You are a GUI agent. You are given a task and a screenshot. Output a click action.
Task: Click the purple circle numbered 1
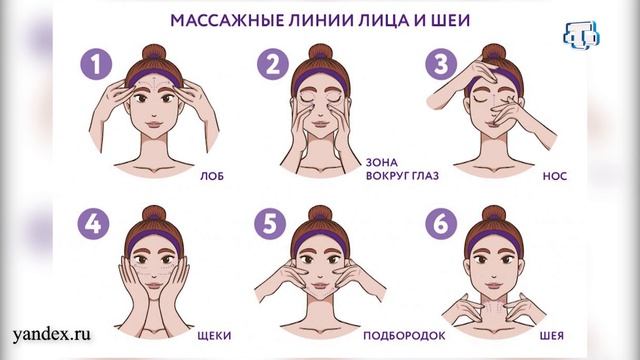(96, 64)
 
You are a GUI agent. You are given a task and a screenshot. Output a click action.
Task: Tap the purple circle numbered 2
(273, 64)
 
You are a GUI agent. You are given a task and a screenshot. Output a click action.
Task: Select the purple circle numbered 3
(441, 64)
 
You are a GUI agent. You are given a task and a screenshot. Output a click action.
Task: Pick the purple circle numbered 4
(93, 223)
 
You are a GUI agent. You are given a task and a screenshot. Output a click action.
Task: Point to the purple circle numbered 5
(270, 223)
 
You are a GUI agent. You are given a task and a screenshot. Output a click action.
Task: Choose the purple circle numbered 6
(441, 223)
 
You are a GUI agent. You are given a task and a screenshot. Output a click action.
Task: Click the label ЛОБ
(212, 176)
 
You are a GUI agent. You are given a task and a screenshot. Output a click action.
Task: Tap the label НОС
(555, 176)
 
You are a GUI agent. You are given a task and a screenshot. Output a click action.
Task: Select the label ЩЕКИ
(214, 336)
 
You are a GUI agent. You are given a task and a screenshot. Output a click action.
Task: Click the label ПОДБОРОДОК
(404, 336)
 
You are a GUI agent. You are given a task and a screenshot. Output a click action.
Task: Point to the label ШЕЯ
(551, 336)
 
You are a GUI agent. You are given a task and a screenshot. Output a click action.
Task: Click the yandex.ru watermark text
(52, 335)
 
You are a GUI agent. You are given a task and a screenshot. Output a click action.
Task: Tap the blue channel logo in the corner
(582, 36)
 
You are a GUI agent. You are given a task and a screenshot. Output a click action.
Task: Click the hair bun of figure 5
(320, 216)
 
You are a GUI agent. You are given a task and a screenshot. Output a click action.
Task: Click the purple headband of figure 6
(494, 240)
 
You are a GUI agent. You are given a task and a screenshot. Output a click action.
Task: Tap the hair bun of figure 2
(320, 54)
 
